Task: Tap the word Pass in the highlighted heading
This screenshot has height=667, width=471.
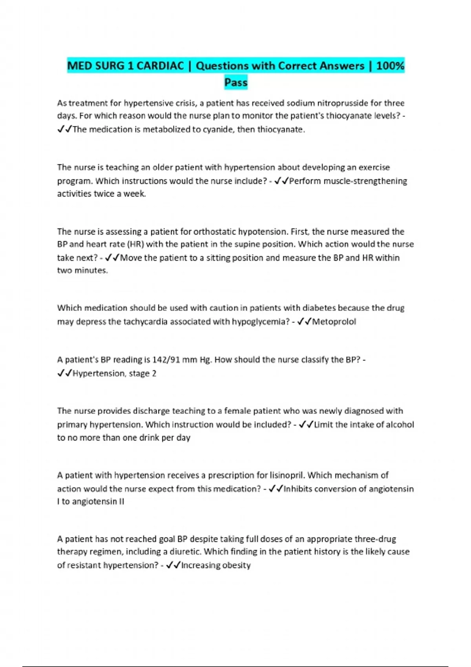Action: coord(236,83)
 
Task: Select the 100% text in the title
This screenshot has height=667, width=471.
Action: coord(390,66)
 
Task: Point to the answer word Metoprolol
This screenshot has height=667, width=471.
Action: coord(334,322)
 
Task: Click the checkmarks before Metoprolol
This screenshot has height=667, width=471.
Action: coord(305,322)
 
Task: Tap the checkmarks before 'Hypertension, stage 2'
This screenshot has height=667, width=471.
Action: coord(65,374)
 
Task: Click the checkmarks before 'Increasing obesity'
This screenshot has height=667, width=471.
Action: coord(173,565)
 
